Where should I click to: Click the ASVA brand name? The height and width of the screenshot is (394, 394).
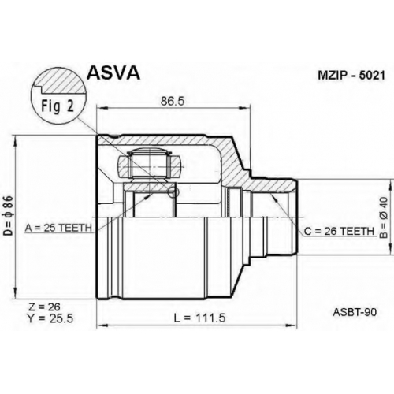pos(113,72)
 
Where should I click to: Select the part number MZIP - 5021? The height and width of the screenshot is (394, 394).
pos(351,76)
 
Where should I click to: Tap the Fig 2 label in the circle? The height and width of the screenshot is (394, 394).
pos(58,106)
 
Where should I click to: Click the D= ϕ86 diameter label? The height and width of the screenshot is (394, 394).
pos(9,215)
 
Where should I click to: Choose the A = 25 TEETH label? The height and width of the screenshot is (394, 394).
pos(58,228)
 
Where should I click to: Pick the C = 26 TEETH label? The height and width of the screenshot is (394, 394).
pos(339,231)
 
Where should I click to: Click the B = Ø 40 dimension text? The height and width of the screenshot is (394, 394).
pos(384,218)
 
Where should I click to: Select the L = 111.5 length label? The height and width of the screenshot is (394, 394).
pos(199,318)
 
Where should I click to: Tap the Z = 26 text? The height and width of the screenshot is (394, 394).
pos(44,307)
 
